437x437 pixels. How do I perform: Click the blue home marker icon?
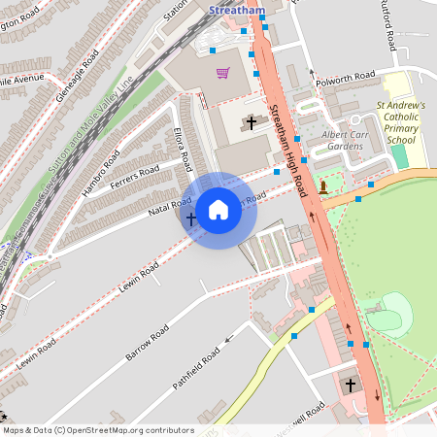(218, 209)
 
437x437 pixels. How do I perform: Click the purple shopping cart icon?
(222, 73)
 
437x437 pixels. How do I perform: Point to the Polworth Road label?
(345, 76)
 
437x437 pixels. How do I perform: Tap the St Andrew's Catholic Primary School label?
(401, 122)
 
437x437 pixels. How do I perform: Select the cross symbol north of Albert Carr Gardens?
(252, 123)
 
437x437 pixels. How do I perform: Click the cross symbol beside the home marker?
(191, 220)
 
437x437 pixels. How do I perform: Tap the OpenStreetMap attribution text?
(97, 430)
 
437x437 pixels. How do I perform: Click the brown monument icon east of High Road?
(322, 185)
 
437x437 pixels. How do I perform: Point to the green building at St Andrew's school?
(399, 156)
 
